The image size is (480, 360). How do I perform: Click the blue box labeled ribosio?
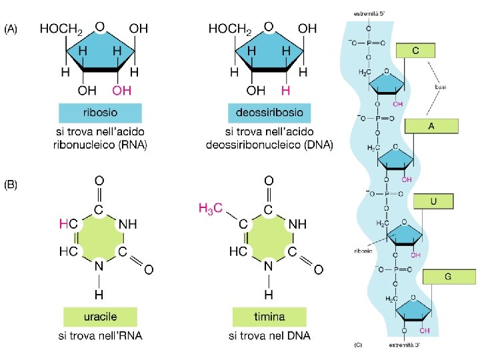pyautogui.click(x=100, y=112)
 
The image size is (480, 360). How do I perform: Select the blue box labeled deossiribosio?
pyautogui.click(x=270, y=112)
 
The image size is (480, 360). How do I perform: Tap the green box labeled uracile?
pyautogui.click(x=100, y=316)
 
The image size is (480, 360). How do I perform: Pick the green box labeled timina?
pyautogui.click(x=269, y=316)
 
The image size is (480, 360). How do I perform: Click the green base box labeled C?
pyautogui.click(x=415, y=50)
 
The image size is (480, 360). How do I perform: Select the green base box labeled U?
pyautogui.click(x=433, y=201)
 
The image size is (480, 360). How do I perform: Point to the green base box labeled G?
pyautogui.click(x=449, y=277)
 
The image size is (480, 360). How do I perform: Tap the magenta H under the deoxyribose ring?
pyautogui.click(x=285, y=90)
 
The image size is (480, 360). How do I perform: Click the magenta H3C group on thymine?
pyautogui.click(x=213, y=209)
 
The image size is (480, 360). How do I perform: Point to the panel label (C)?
pyautogui.click(x=358, y=345)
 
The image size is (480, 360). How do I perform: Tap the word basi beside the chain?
pyautogui.click(x=441, y=87)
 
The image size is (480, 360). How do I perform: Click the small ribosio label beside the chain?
pyautogui.click(x=364, y=252)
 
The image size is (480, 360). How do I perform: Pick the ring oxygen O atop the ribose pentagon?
pyautogui.click(x=99, y=27)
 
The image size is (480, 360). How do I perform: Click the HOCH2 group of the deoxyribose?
pyautogui.click(x=230, y=29)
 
